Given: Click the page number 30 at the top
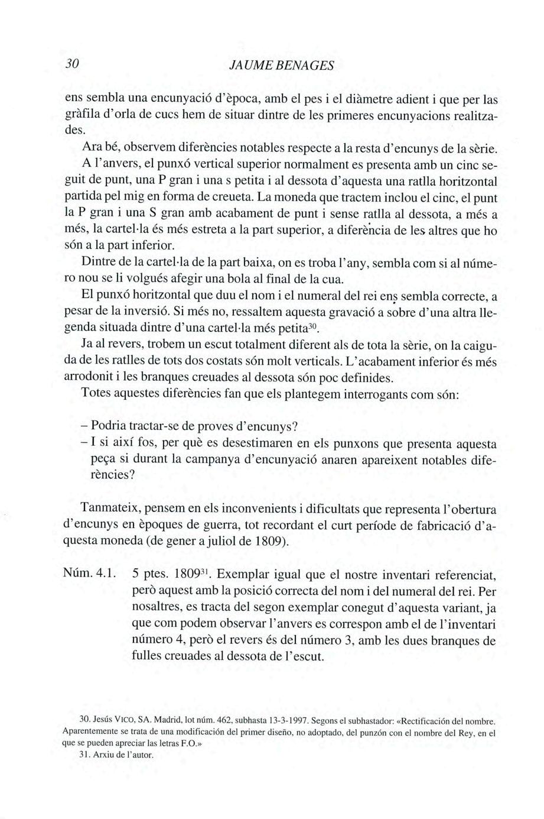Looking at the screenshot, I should tap(73, 64).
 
